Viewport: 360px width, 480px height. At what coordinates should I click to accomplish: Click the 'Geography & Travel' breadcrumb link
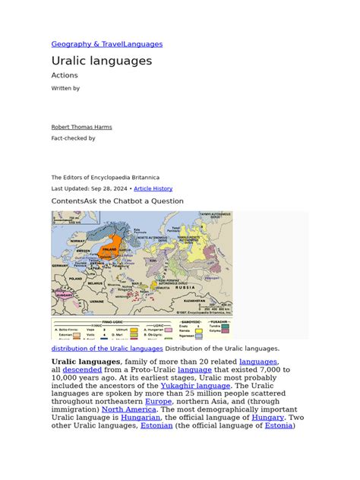pos(81,44)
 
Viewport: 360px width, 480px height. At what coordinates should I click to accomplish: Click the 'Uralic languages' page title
pos(102,61)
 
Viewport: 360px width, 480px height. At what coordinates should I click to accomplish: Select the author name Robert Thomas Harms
pos(81,127)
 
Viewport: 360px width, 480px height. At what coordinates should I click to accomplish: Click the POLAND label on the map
pos(75,279)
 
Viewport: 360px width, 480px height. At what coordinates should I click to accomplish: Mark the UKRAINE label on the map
pos(97,301)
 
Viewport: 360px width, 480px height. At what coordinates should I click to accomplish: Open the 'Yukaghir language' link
pos(197,385)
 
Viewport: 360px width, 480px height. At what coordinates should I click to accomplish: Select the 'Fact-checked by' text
pos(73,138)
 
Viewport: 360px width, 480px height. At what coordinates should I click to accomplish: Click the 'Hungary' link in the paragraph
pos(267,417)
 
